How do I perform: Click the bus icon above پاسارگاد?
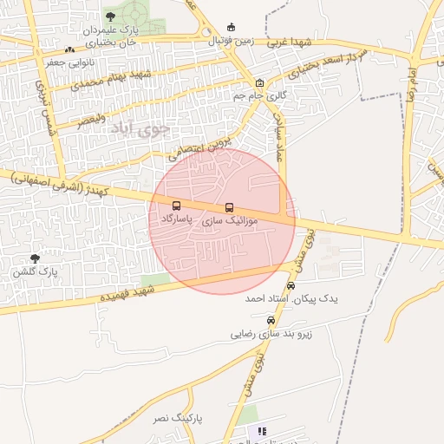(177, 206)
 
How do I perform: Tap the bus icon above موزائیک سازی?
(229, 207)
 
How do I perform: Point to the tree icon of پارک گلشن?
(35, 258)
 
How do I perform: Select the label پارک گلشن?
(35, 271)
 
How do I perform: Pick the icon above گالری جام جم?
(259, 83)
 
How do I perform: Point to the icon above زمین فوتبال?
(231, 27)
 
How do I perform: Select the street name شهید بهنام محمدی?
(113, 80)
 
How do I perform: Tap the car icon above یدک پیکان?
(291, 285)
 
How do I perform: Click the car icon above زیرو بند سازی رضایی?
(271, 320)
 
